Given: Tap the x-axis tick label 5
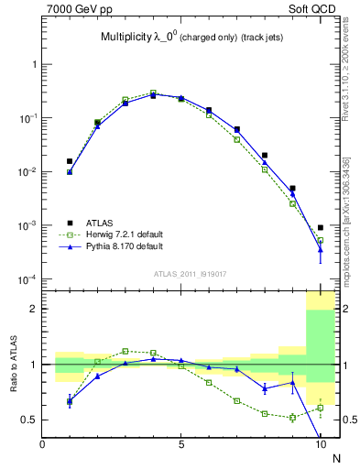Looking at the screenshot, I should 181,446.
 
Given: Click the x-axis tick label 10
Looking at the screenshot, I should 319,446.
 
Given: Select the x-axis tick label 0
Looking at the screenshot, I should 42,446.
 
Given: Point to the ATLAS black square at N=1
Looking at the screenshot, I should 70,161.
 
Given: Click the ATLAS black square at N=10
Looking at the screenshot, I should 321,227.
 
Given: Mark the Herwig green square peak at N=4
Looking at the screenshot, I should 153,93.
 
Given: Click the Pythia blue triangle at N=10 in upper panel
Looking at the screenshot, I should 321,249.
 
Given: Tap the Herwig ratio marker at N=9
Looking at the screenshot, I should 292,418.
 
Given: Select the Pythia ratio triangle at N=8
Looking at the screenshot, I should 265,387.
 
